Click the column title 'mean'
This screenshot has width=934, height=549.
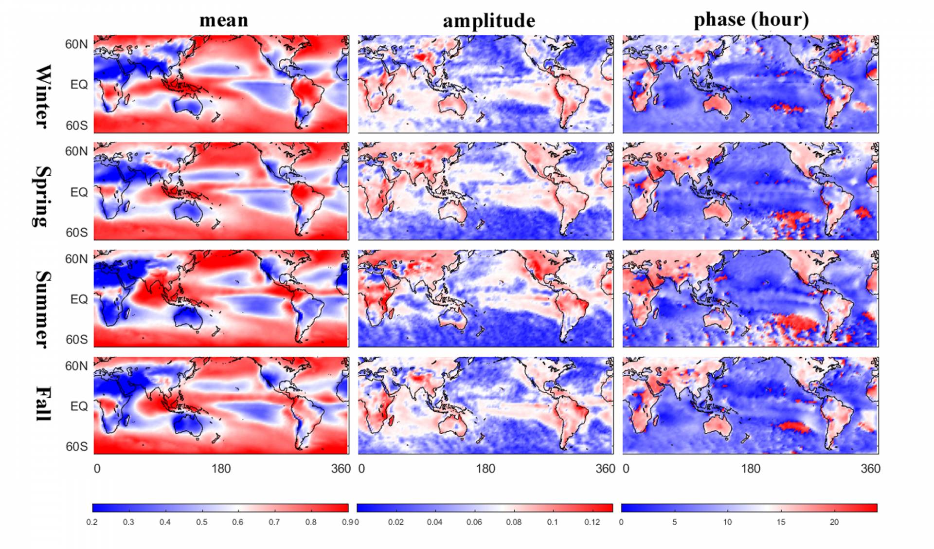(224, 20)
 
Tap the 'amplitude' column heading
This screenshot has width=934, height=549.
(488, 21)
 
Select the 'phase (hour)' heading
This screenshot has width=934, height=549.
(751, 20)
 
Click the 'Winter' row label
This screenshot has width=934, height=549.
(43, 96)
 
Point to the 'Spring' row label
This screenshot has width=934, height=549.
(43, 197)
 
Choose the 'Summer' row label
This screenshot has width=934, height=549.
(43, 309)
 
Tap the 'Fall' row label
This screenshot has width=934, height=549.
(43, 403)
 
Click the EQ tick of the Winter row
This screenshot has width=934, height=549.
(79, 85)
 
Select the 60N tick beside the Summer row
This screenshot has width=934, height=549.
(76, 259)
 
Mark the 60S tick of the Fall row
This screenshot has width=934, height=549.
(76, 446)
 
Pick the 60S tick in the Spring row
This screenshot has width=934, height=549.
(76, 233)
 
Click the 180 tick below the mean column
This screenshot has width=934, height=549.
(221, 469)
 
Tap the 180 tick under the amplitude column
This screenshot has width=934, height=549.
(485, 469)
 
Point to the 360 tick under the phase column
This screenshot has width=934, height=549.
(870, 469)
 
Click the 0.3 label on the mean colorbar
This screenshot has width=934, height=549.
(128, 522)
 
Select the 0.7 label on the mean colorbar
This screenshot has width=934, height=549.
(274, 522)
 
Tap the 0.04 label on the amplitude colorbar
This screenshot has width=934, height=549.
(434, 522)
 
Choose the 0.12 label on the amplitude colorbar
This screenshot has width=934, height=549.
(592, 522)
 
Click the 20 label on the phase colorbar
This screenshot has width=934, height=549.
(834, 522)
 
